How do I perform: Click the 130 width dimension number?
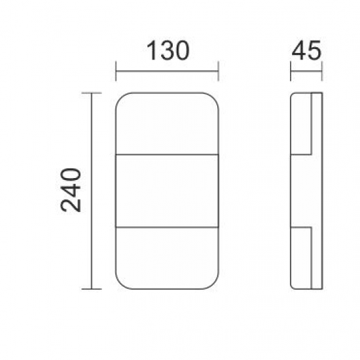(167, 50)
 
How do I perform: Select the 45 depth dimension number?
(306, 51)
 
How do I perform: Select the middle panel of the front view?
(167, 190)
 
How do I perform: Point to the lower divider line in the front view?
(167, 227)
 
